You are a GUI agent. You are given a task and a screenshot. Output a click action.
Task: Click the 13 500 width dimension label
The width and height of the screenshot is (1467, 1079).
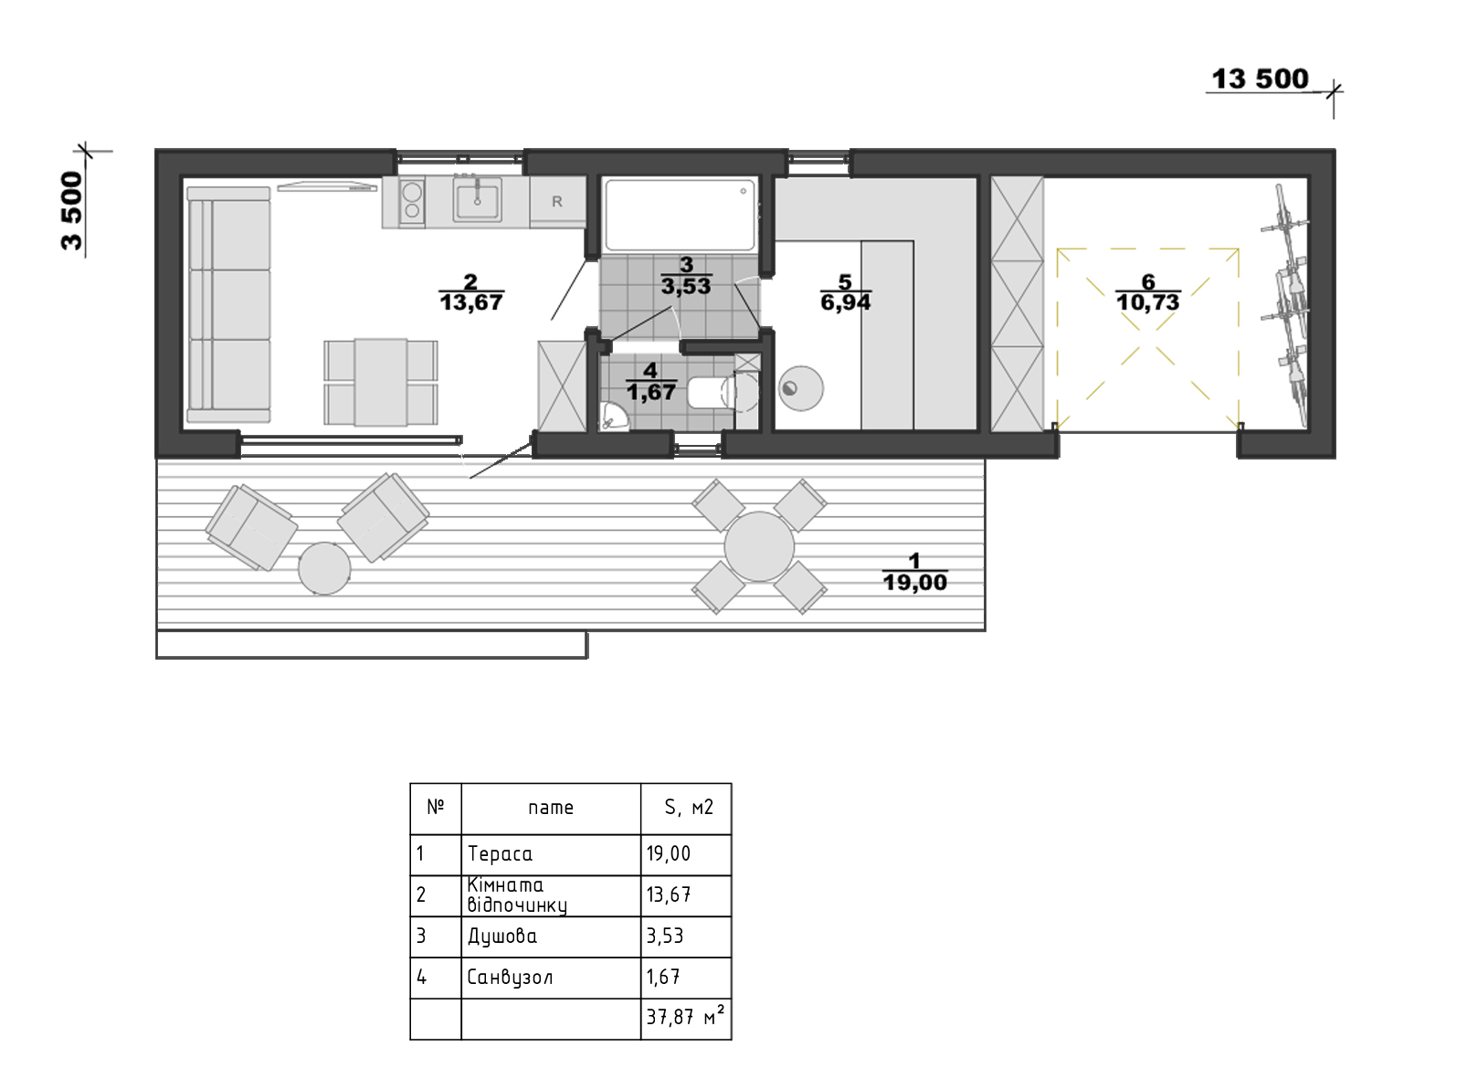point(1260,79)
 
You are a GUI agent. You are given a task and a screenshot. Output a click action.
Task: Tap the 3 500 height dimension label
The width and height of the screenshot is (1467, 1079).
point(72,210)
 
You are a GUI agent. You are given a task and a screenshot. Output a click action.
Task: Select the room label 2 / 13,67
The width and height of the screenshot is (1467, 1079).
point(470,292)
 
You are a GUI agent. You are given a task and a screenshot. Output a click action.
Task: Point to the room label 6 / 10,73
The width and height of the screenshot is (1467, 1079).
point(1148,292)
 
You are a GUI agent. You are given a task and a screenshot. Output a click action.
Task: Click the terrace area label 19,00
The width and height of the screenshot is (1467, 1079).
point(915,582)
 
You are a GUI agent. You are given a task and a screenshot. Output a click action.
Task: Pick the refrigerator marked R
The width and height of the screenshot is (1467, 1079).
point(557,202)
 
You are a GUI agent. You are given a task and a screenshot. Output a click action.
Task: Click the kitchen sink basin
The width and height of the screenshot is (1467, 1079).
point(477,199)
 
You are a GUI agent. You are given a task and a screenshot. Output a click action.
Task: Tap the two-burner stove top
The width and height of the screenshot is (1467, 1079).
point(412,202)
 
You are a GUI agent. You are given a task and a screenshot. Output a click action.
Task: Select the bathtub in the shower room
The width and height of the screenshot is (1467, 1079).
point(680,214)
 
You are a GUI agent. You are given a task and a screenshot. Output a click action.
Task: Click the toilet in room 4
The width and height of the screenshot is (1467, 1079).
point(721,392)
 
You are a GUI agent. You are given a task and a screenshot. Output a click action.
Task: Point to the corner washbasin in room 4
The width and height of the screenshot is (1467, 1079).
point(613,416)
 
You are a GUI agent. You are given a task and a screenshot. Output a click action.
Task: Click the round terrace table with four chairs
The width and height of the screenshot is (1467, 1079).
point(759,546)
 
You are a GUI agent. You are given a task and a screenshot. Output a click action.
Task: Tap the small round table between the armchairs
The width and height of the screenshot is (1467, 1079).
point(324,568)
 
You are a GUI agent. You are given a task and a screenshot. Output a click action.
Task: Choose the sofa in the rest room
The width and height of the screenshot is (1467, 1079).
point(228,304)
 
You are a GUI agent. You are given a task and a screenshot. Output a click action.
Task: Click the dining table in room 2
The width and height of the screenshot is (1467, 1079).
point(381,383)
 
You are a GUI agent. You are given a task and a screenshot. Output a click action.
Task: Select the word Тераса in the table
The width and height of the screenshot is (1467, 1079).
point(500,854)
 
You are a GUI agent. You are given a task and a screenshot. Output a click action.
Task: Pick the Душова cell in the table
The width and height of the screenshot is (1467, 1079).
point(551,936)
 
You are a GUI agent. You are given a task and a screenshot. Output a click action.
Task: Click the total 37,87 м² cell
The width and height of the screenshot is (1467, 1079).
point(686,1019)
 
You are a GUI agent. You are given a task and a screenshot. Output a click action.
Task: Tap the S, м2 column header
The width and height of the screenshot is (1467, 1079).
point(689,808)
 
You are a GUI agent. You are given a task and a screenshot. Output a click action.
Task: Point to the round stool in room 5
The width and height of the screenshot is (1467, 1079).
point(800,388)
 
